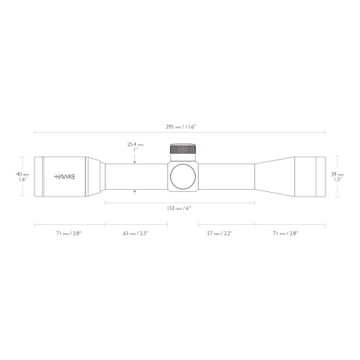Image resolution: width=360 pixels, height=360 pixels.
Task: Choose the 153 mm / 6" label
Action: coord(180,208)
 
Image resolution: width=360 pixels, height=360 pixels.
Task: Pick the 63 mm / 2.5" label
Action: coord(136,234)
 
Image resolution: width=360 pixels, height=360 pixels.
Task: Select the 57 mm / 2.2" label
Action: coord(220,234)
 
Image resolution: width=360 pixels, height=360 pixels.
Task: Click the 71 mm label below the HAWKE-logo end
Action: coord(68,234)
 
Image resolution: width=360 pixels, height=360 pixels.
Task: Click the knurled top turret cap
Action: coord(183,148)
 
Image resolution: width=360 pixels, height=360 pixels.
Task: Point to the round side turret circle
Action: coord(183,177)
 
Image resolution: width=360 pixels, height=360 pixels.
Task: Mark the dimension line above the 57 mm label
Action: coord(226,223)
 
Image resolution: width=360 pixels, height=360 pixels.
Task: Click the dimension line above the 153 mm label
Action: coord(180,202)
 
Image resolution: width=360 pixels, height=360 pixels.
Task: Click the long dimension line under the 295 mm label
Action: coord(180,133)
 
